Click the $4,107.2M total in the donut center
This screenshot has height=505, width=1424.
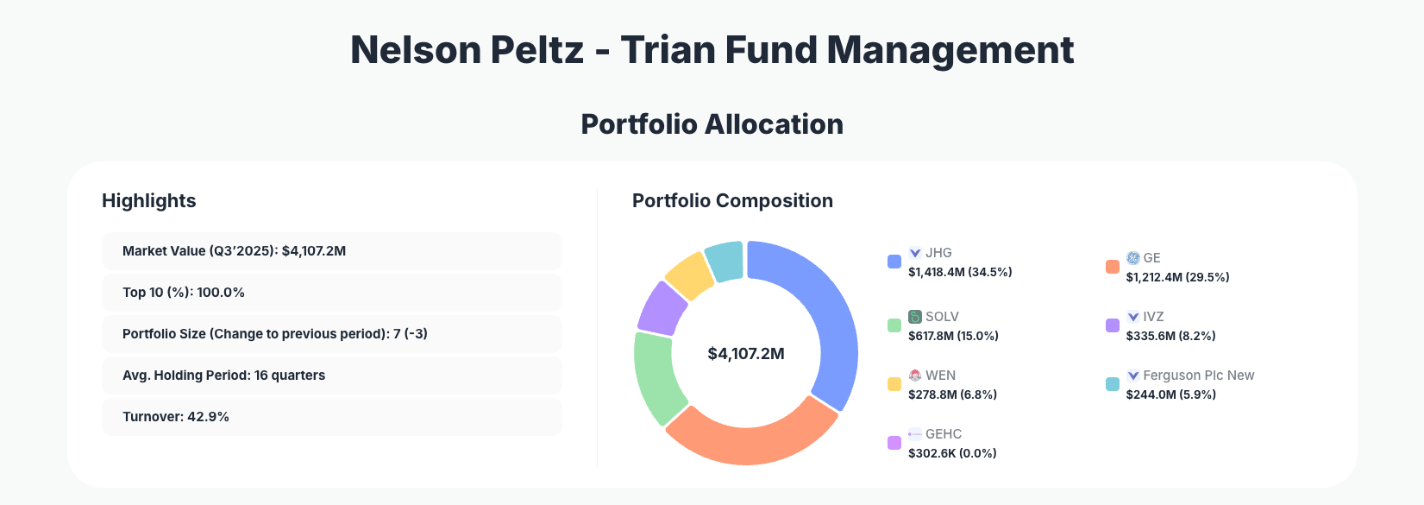tap(746, 354)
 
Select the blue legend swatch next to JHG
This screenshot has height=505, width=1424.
tap(894, 262)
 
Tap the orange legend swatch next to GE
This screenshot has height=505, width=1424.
tap(1113, 267)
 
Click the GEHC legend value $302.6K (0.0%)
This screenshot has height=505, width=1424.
tap(952, 453)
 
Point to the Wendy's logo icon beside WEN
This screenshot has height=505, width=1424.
tap(915, 376)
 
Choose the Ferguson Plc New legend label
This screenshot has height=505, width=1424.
tap(1198, 376)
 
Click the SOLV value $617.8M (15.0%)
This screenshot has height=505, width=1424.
tap(953, 336)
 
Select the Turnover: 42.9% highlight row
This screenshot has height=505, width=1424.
tap(331, 417)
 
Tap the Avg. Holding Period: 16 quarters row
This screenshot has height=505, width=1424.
tap(331, 376)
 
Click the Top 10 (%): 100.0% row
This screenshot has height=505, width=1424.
tap(331, 293)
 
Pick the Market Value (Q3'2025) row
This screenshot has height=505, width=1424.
tap(331, 251)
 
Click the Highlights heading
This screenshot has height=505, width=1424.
tap(149, 201)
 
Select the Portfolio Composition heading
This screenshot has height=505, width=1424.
tap(732, 201)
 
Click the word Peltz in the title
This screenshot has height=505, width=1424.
tap(536, 50)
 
